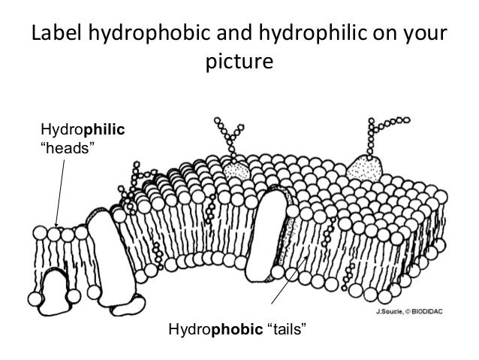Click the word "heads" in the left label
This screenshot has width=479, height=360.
coord(67,147)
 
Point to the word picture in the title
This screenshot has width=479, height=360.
coord(239,62)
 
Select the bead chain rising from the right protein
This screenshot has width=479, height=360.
coord(384,125)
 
